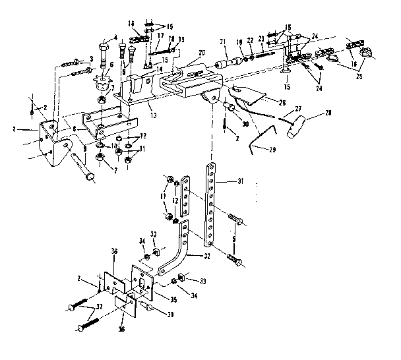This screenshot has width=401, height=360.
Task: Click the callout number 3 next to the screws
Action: click(x=91, y=59)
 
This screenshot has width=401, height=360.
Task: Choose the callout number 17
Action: click(x=160, y=36)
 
